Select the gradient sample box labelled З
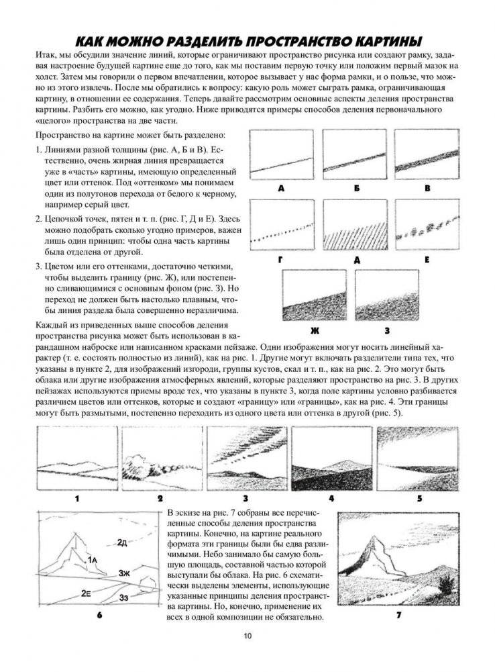pyautogui.click(x=388, y=295)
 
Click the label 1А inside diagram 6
pyautogui.click(x=93, y=559)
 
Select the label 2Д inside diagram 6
pyautogui.click(x=122, y=542)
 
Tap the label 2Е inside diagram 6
pyautogui.click(x=87, y=593)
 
